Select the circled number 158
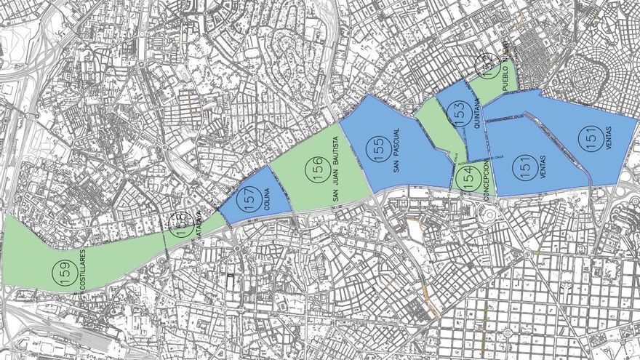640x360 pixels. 180,226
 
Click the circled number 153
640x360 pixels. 458,114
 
